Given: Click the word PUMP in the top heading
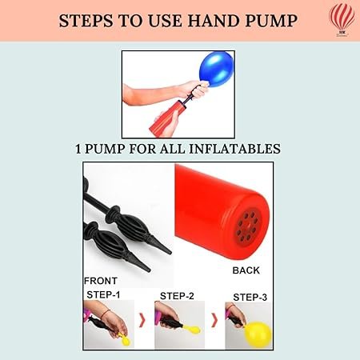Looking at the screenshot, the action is (271, 21).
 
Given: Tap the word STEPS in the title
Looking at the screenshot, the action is (86, 21).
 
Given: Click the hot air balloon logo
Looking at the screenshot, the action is (342, 19).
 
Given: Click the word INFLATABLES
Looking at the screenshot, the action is (234, 149).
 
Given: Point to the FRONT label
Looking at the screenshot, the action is (101, 281).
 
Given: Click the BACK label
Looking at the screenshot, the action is (246, 270).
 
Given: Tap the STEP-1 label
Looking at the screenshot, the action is (103, 294).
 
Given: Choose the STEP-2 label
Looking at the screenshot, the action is (177, 296).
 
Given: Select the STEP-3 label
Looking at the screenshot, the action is (250, 297).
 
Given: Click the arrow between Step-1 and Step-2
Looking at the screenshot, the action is (142, 320).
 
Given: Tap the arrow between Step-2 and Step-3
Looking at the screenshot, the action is (214, 320).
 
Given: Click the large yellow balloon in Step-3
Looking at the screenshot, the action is (258, 334).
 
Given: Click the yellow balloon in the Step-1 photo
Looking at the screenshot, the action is (126, 340).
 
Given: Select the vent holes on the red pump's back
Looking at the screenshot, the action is (246, 226).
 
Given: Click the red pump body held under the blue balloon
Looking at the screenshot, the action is (165, 117).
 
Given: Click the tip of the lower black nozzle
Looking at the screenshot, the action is (150, 270).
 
